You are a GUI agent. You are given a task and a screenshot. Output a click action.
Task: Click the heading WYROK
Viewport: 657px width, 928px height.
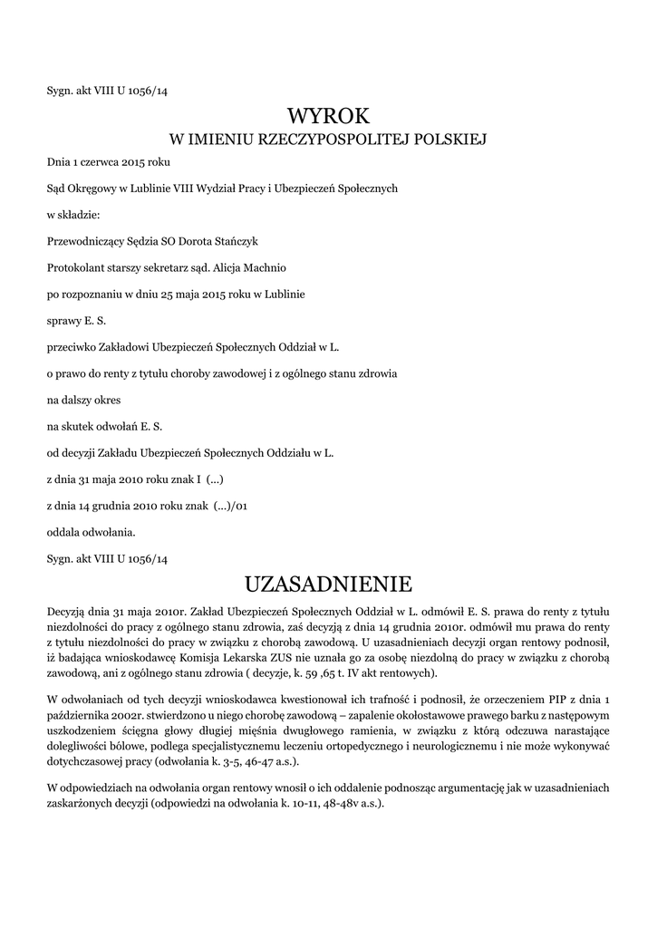[x=328, y=116]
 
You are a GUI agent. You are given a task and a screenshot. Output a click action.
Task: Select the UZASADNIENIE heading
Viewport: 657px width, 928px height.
[x=328, y=581]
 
